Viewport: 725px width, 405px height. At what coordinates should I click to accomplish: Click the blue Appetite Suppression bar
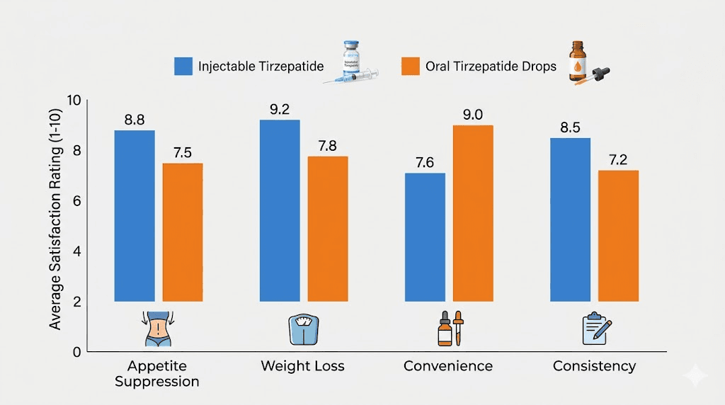point(135,216)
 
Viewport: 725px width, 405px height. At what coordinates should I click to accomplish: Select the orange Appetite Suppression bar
point(183,232)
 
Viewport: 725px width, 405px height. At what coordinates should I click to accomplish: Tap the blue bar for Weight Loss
point(280,210)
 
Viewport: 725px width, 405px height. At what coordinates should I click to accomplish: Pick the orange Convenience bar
point(473,213)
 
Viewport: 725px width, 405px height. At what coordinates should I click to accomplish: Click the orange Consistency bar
point(618,236)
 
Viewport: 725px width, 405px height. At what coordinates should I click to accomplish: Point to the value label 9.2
point(280,110)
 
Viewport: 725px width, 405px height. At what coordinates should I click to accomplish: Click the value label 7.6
point(425,163)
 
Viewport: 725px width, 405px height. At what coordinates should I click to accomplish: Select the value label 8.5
point(570,128)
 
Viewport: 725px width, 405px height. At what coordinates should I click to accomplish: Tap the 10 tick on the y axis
point(74,101)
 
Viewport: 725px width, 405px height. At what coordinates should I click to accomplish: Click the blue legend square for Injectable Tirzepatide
point(183,67)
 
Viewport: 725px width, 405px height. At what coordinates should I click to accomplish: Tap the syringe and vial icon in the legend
point(352,63)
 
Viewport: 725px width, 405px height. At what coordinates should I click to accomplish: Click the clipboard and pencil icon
point(595,329)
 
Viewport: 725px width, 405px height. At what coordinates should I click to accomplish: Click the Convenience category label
point(448,366)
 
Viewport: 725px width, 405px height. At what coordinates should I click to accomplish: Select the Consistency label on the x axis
point(594,366)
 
